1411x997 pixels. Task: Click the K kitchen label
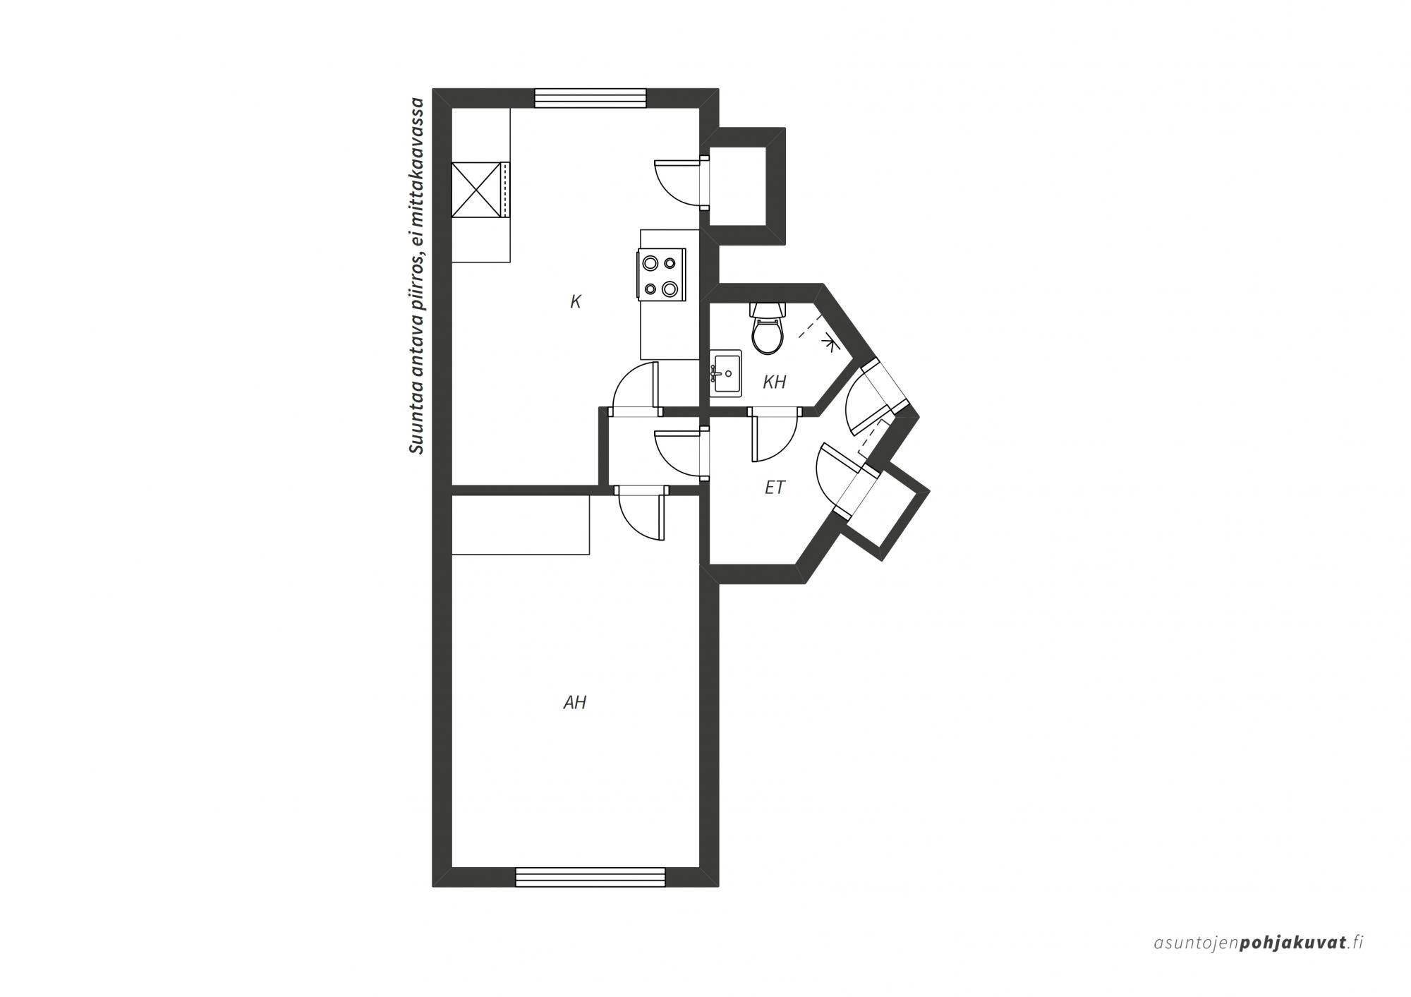pos(576,302)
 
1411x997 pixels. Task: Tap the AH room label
pos(575,703)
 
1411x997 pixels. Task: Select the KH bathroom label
pos(775,382)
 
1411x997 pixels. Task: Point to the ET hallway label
pos(775,488)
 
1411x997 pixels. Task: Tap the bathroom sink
pos(725,373)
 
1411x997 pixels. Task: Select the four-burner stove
pos(662,274)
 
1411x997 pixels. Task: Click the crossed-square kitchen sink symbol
pos(476,190)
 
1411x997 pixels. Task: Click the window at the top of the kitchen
pos(591,98)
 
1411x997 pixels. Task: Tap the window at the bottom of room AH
pos(591,877)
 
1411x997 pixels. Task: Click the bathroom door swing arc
pos(775,436)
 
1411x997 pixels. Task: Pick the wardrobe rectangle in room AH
pos(521,525)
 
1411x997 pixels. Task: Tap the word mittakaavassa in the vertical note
pos(418,152)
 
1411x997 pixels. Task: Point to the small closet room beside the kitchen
pos(738,186)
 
